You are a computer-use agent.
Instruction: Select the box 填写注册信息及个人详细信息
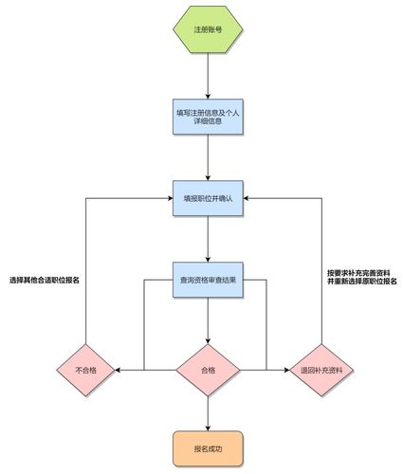point(207,118)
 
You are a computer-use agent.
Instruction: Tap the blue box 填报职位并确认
point(207,199)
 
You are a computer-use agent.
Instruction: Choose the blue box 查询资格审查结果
point(207,281)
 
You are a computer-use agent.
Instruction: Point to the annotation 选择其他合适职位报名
point(45,281)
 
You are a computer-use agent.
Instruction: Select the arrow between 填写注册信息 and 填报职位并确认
point(207,158)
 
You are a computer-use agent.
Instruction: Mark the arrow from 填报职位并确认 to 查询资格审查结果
point(207,240)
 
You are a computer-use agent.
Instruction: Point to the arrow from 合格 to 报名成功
point(207,410)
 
